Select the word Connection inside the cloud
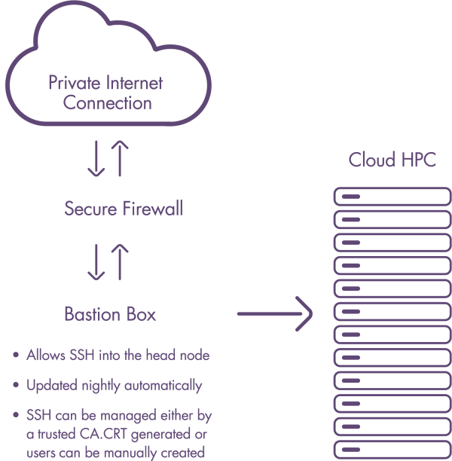108,103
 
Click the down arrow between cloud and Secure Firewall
96,157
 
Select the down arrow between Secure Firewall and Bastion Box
96,261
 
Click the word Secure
90,208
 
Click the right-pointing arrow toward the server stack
275,312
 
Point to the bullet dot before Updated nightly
17,386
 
